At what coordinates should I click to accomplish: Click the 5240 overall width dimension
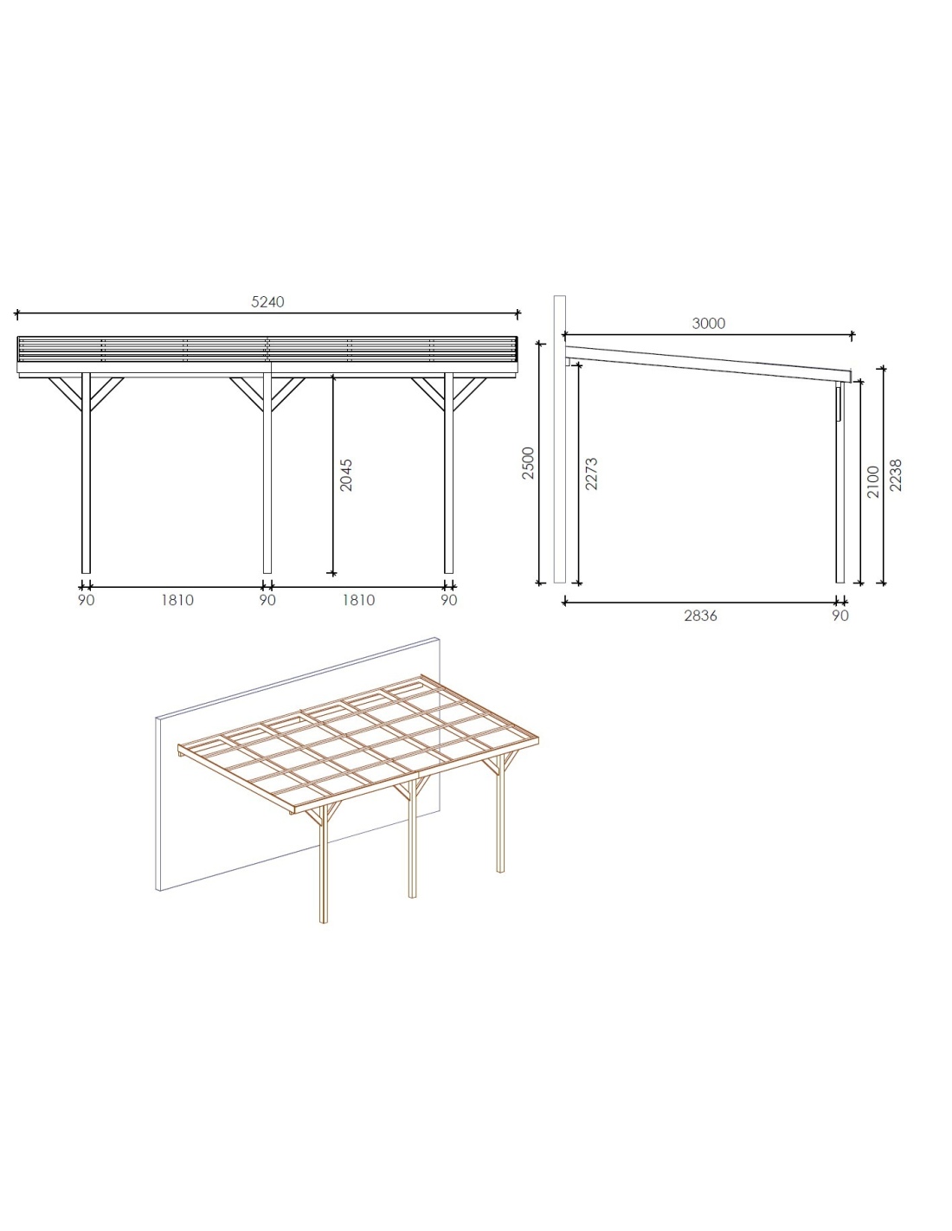coord(267,302)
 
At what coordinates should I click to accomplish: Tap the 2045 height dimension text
coord(345,474)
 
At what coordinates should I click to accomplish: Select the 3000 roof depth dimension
coord(709,324)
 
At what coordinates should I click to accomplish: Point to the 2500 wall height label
coord(528,463)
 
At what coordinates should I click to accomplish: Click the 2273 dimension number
coord(591,474)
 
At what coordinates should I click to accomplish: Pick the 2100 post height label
coord(873,482)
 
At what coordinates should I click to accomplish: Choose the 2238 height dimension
coord(896,474)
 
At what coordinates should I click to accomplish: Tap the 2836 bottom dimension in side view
coord(700,615)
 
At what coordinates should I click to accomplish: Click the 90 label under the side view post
coord(840,615)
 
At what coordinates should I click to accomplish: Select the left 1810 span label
coord(177,600)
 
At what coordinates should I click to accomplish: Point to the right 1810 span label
coord(358,600)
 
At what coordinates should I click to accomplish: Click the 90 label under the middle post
coord(267,600)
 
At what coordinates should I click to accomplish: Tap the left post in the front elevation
coord(86,473)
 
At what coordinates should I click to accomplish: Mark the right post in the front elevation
coord(448,473)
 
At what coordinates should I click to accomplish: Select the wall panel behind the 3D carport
coord(170,850)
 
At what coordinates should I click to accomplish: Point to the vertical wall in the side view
coord(560,439)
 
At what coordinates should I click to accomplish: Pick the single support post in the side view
coord(840,483)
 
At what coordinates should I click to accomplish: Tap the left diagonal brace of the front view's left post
coord(66,394)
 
